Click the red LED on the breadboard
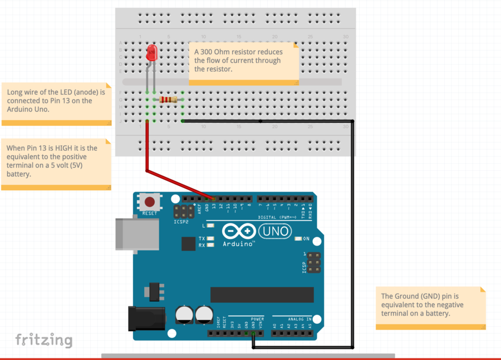(151, 54)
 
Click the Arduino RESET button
(149, 202)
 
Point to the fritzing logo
(43, 339)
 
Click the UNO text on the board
(276, 231)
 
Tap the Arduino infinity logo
(239, 231)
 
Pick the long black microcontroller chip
(262, 295)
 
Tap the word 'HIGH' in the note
(65, 148)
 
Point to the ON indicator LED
(299, 238)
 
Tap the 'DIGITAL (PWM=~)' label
(277, 218)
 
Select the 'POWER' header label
(257, 319)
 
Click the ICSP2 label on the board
(181, 221)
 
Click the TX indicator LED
(210, 239)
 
